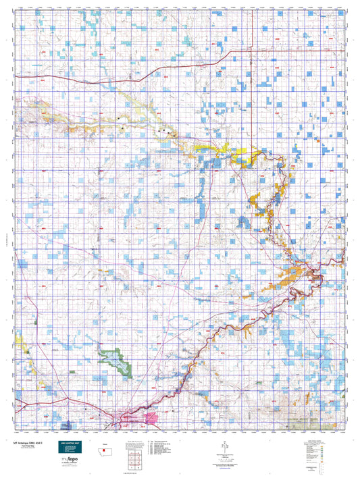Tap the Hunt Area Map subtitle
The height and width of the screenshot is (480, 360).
tap(26, 446)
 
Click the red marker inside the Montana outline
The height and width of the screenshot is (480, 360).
tap(106, 451)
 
